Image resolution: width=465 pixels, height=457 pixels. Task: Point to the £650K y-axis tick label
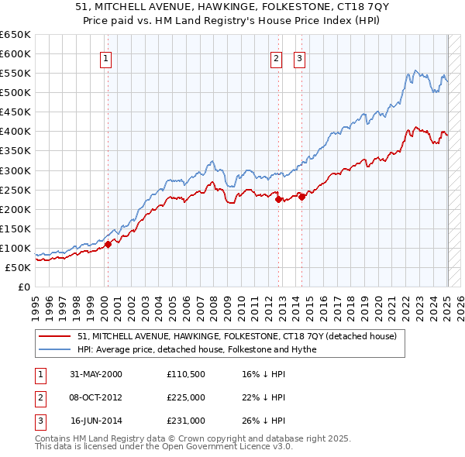click(x=15, y=35)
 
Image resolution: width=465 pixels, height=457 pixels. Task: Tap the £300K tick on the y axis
click(x=15, y=170)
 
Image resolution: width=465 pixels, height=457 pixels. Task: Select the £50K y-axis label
click(x=18, y=267)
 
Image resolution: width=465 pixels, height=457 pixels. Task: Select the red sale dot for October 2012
click(x=278, y=199)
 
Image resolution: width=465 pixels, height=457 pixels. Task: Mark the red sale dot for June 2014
click(x=301, y=197)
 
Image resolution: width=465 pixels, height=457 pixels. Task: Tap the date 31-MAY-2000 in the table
click(x=96, y=374)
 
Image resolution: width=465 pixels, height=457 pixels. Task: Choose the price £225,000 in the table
click(x=186, y=397)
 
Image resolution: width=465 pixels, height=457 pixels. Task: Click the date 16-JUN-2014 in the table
click(x=96, y=421)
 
